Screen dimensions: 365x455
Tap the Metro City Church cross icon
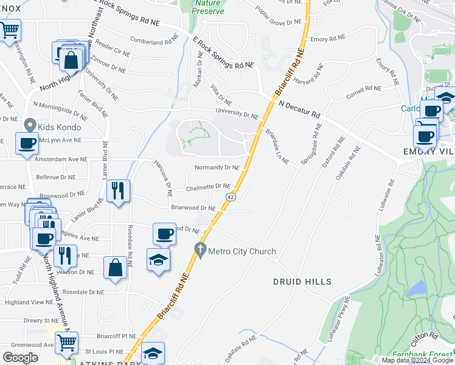click(x=200, y=250)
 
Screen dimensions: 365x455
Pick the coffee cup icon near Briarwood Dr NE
click(x=164, y=233)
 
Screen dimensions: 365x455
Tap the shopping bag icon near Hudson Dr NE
click(x=116, y=267)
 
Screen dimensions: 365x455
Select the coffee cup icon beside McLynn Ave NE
click(x=27, y=144)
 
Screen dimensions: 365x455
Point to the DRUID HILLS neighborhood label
click(x=302, y=282)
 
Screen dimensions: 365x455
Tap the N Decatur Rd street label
click(x=299, y=109)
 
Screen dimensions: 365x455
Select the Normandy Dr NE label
click(x=216, y=167)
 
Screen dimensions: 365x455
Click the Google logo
click(x=20, y=358)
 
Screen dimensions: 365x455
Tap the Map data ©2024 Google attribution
click(x=417, y=360)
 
